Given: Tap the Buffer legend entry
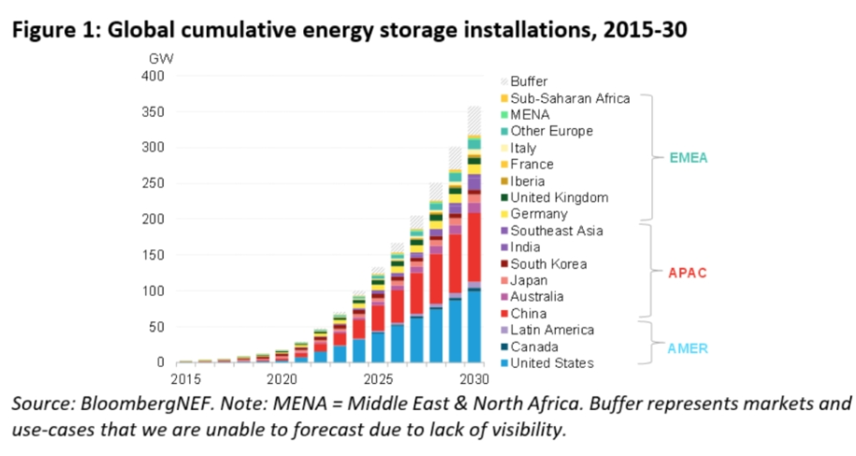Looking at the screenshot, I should (x=529, y=81).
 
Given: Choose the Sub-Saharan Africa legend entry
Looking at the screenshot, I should (x=570, y=98).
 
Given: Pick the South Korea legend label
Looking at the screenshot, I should (x=548, y=264).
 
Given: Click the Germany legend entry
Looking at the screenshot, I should (x=539, y=214).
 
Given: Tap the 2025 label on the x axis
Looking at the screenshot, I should (x=378, y=380).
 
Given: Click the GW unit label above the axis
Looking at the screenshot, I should (x=161, y=58).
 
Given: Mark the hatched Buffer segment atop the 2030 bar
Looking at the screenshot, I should (x=474, y=120).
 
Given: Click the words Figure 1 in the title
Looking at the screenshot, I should (x=53, y=29).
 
